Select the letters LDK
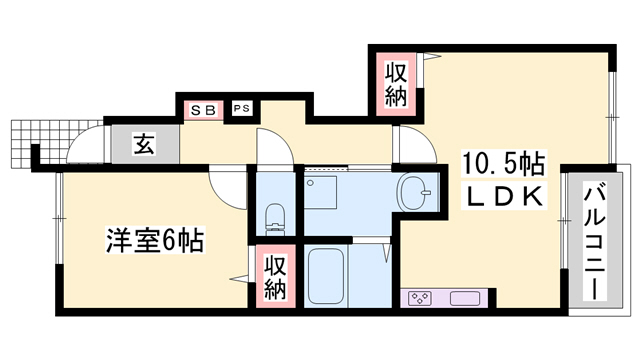(x=502, y=196)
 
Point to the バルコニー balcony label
(x=592, y=240)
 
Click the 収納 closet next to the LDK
(x=394, y=86)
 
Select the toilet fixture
(x=274, y=215)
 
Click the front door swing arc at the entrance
(x=84, y=148)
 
